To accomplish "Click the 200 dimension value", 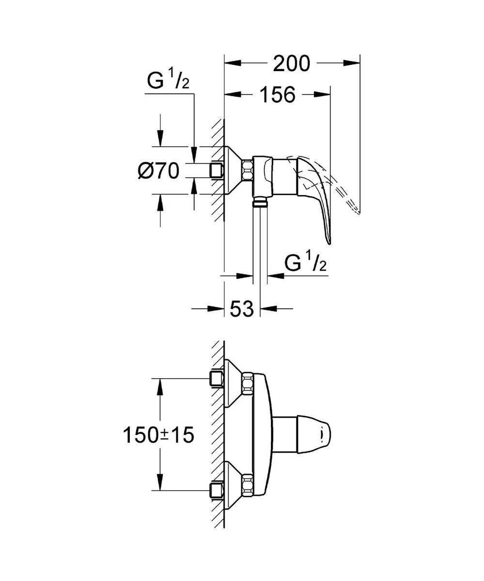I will point(291,63).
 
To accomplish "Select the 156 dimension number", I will point(277,94).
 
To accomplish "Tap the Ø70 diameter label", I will point(158,171).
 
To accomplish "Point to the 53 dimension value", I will point(242,308).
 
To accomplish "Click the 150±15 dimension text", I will point(158,435).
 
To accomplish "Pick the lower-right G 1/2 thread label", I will point(305,264).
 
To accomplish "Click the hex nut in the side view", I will point(247,171).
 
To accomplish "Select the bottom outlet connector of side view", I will point(261,202).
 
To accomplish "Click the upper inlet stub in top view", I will point(216,379).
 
